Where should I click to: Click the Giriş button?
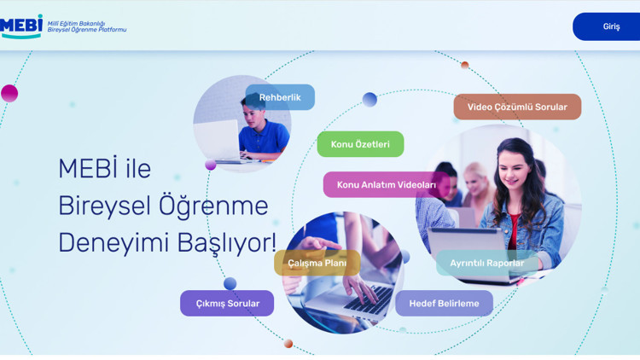(x=610, y=26)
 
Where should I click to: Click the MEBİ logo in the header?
(x=21, y=26)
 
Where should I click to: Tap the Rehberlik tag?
(x=280, y=97)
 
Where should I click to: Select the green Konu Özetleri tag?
(x=360, y=144)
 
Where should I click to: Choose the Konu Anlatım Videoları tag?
(x=386, y=184)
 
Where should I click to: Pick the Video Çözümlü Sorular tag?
(x=517, y=107)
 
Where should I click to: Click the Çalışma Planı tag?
(x=317, y=263)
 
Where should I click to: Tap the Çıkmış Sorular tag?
(x=227, y=303)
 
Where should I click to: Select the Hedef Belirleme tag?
(x=444, y=303)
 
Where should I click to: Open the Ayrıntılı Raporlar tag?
(x=487, y=263)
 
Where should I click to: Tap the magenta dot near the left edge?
(x=9, y=93)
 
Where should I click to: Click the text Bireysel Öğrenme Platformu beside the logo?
(x=86, y=30)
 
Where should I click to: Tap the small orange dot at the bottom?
(x=288, y=344)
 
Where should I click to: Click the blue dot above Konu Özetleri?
(x=369, y=100)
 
